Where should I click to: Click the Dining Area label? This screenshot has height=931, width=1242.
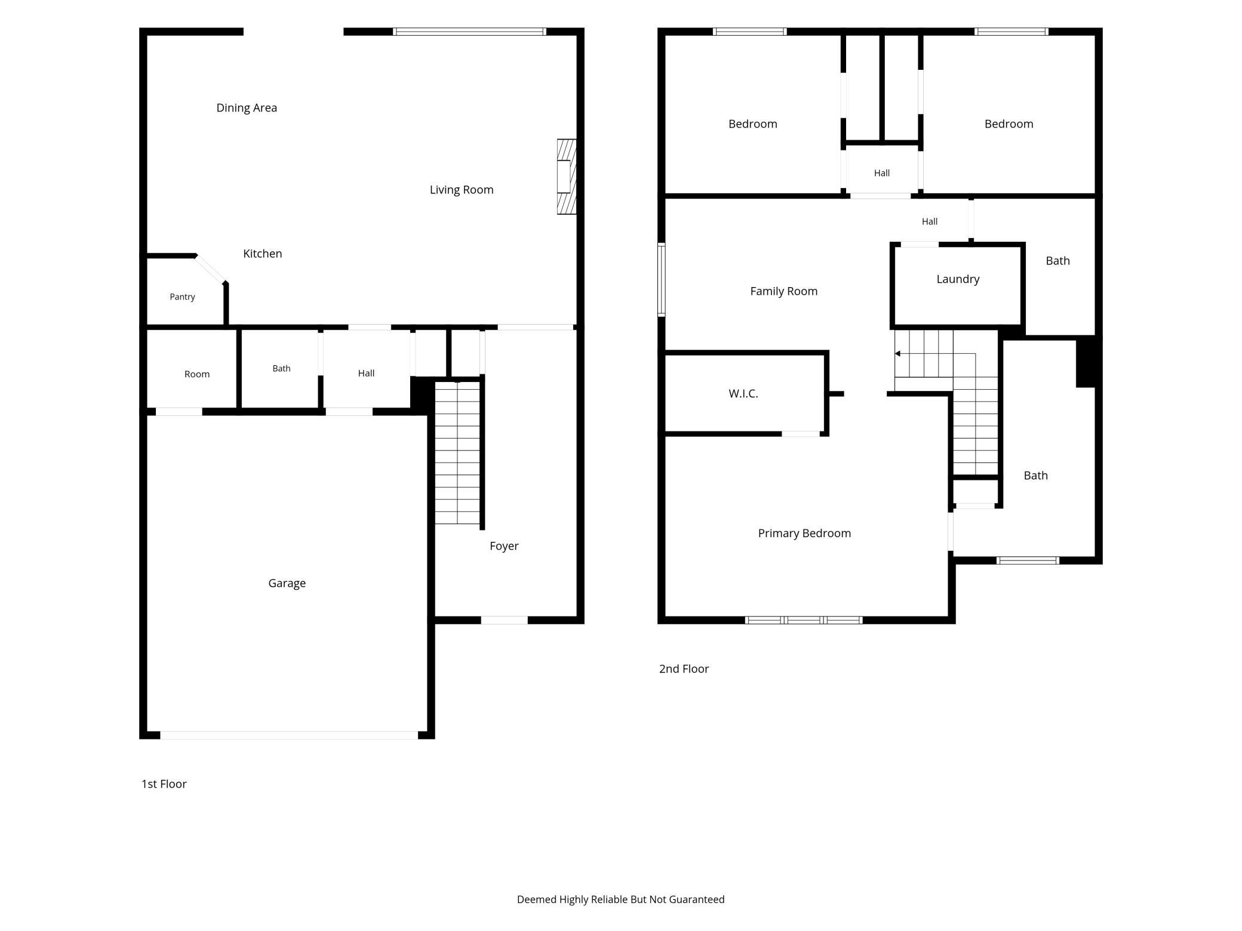247,107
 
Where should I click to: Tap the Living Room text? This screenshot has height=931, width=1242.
462,190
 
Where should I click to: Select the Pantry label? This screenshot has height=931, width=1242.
182,297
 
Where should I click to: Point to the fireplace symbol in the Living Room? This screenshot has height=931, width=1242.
567,177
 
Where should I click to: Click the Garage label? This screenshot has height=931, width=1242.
287,583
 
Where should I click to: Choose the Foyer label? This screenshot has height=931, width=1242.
504,546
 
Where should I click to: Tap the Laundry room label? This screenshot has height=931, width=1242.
958,279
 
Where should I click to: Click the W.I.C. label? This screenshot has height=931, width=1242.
743,393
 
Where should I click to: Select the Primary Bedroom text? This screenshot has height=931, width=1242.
804,534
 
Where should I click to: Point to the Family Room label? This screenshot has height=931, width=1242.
783,291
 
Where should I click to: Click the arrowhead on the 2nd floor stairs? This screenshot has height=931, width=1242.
897,354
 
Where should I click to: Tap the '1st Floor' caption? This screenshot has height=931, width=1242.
164,784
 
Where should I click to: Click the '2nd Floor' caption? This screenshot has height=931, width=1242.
684,669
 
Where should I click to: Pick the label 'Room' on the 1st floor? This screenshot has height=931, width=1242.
197,374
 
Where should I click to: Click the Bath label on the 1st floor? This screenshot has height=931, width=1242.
281,368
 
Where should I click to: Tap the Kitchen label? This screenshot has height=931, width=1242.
263,254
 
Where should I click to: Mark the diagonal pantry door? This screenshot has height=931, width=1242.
210,269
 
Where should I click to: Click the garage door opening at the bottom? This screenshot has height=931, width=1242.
289,735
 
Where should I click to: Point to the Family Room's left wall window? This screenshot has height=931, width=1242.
662,279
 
